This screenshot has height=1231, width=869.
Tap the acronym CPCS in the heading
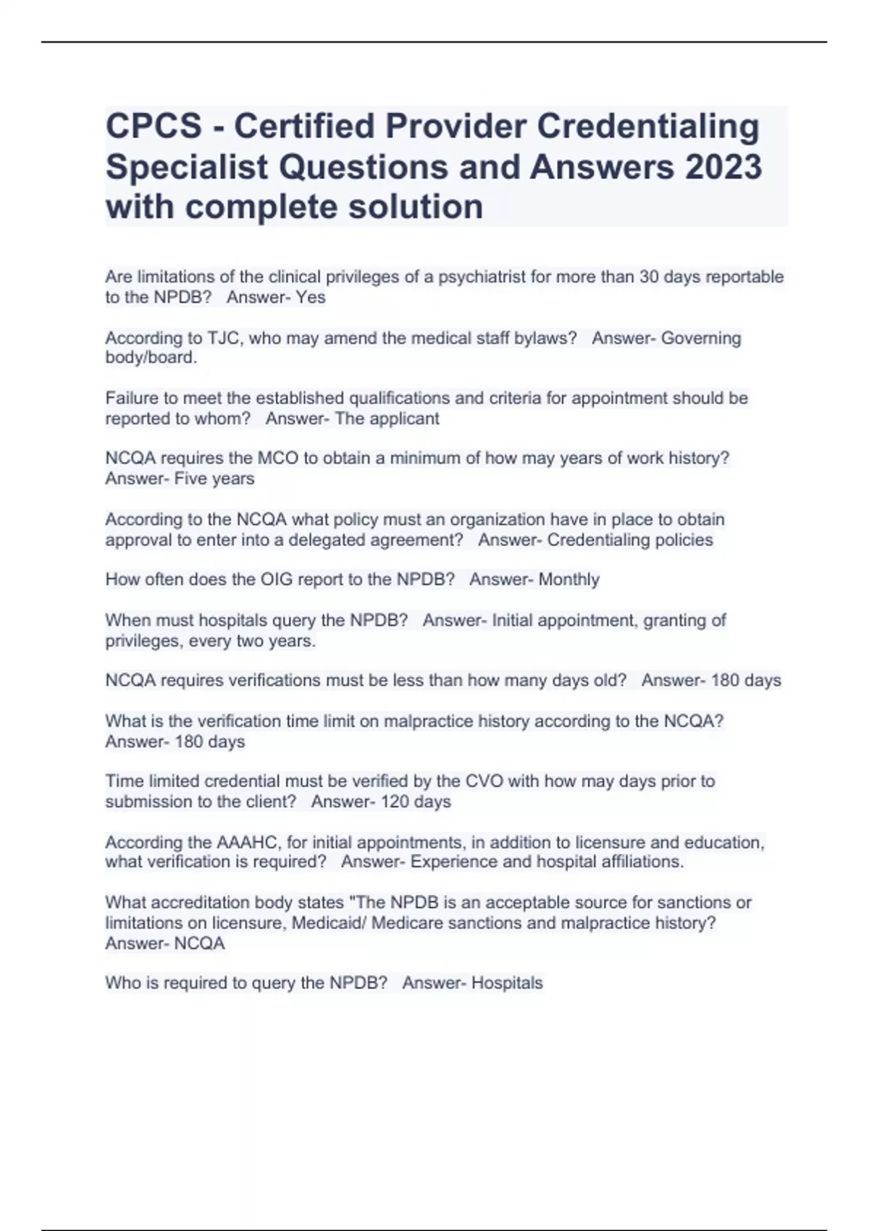pyautogui.click(x=154, y=126)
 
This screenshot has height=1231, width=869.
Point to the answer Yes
pyautogui.click(x=311, y=297)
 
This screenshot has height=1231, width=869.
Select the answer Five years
pyautogui.click(x=214, y=479)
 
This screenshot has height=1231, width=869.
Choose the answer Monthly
pyautogui.click(x=569, y=579)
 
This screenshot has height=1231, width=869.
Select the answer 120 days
pyautogui.click(x=416, y=802)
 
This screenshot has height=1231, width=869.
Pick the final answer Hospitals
pyautogui.click(x=507, y=983)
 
